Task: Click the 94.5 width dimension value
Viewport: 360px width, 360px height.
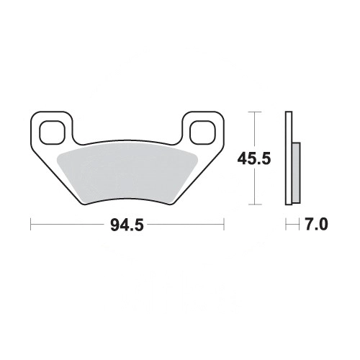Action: (x=127, y=225)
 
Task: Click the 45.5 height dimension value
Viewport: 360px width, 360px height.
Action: (x=254, y=158)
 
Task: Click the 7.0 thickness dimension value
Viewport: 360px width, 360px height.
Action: (x=316, y=225)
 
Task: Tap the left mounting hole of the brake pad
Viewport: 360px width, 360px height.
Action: (x=53, y=132)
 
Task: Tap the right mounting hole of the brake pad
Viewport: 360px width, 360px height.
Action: (x=202, y=132)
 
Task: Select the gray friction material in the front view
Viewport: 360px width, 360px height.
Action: (x=127, y=175)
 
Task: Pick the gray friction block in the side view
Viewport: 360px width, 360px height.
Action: (x=297, y=172)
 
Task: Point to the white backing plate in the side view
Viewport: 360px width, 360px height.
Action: (x=289, y=158)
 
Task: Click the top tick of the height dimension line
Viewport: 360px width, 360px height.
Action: (x=255, y=112)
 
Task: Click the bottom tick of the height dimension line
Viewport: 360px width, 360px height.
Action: (x=255, y=204)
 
